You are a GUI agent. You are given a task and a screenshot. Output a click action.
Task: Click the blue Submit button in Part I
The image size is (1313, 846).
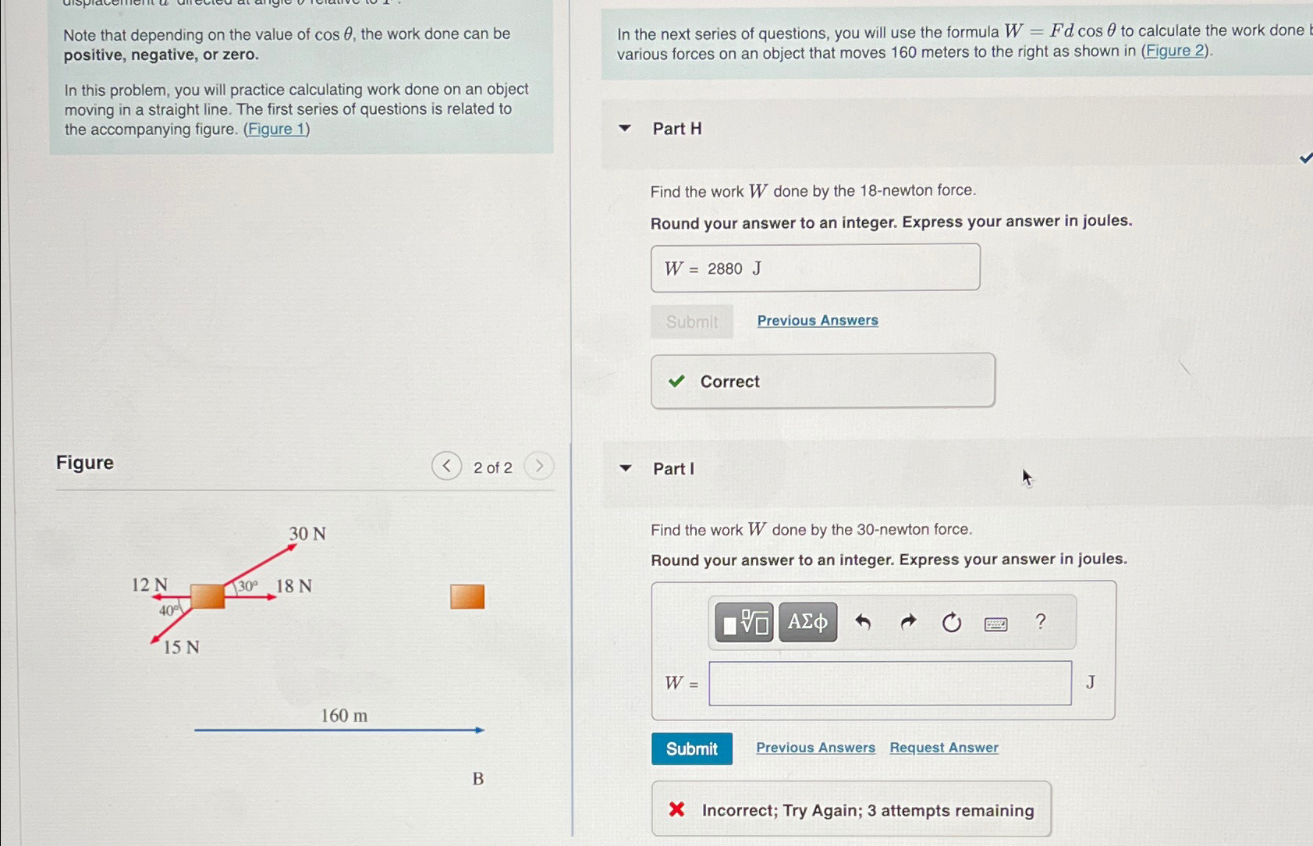691,748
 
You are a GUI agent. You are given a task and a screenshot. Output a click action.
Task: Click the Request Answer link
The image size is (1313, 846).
943,748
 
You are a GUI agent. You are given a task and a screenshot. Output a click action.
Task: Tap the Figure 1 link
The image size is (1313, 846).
276,130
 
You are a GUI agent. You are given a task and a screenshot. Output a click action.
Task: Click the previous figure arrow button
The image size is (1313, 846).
446,467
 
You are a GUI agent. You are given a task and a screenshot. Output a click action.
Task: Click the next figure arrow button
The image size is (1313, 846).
538,467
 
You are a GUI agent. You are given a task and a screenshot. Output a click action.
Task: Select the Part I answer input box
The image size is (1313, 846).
889,683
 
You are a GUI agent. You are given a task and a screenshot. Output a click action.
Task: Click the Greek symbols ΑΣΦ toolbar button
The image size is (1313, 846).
807,622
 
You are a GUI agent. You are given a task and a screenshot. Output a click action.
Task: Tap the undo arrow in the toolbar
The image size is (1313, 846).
862,622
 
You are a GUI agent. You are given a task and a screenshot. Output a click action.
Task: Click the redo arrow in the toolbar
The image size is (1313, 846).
907,622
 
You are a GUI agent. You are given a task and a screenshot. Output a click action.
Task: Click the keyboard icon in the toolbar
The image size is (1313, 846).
995,624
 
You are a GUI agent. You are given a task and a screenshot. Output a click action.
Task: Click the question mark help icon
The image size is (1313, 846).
1040,621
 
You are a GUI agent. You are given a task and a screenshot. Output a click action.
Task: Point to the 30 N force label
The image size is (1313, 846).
307,534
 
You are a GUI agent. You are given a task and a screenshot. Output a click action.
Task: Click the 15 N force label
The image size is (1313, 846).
181,647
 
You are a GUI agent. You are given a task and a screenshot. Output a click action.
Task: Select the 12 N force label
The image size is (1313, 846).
149,585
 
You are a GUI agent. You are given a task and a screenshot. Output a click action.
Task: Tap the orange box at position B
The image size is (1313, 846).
467,597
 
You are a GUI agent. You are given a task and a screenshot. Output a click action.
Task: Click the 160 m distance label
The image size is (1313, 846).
344,716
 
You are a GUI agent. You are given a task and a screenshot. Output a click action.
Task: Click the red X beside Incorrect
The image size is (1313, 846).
676,809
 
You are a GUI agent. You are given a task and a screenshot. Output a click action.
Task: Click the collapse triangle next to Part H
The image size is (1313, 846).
625,128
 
